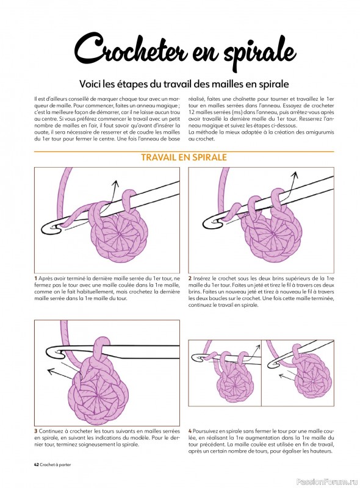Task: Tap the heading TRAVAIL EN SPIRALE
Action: [x=184, y=157]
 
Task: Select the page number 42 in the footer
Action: [x=36, y=465]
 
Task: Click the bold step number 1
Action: [x=35, y=278]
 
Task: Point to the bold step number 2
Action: [x=190, y=278]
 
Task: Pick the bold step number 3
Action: [x=36, y=431]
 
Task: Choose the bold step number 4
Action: [x=190, y=431]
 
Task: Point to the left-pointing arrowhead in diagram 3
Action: [x=49, y=370]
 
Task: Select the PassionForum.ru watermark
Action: [x=327, y=482]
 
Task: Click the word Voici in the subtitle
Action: [x=88, y=84]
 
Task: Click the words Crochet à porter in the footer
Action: [x=56, y=465]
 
